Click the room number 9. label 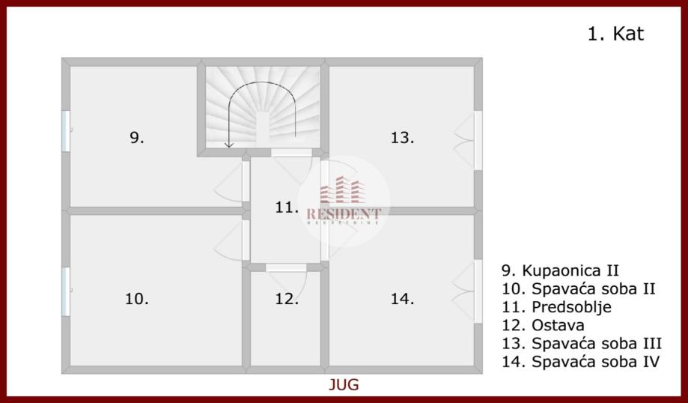[136, 137]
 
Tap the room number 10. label [136, 298]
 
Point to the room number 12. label [286, 299]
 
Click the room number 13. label [402, 137]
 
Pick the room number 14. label [402, 299]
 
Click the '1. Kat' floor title [615, 34]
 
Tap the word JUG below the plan [344, 385]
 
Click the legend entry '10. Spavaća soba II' [578, 288]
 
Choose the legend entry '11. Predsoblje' [556, 307]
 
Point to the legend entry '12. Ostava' [543, 325]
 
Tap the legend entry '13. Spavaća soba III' [582, 344]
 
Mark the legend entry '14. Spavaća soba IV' [581, 362]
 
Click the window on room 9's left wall [66, 131]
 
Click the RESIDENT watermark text [344, 214]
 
